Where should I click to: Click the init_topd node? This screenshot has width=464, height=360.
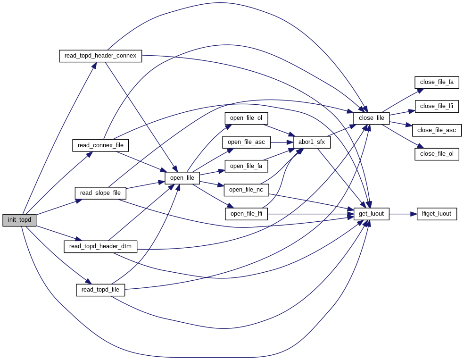(19, 220)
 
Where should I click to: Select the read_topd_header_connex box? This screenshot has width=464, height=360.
(100, 56)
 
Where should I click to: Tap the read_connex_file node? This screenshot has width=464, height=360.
(100, 145)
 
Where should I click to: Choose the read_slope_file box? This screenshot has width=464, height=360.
(100, 193)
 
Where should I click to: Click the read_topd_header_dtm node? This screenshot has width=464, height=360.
(100, 246)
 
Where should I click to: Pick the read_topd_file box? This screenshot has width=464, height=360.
(100, 289)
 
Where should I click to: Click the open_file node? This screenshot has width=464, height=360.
(182, 178)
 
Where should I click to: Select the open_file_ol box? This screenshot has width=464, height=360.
(243, 117)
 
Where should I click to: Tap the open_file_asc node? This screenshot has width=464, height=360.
(246, 142)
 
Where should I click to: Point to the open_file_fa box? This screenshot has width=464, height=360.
(246, 166)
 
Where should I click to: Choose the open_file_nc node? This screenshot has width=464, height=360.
(246, 190)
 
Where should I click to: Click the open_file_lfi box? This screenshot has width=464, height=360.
(246, 214)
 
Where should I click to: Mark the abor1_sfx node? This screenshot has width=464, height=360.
(312, 142)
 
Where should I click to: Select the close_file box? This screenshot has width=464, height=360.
(372, 118)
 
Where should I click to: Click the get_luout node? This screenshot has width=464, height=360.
(371, 214)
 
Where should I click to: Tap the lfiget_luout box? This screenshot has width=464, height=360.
(437, 214)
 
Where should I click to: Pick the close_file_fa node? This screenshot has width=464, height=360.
(437, 82)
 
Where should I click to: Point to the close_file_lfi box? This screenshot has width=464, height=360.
(437, 106)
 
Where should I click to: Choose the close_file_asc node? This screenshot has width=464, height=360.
(437, 130)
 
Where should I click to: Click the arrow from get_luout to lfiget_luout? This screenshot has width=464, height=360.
(403, 214)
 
